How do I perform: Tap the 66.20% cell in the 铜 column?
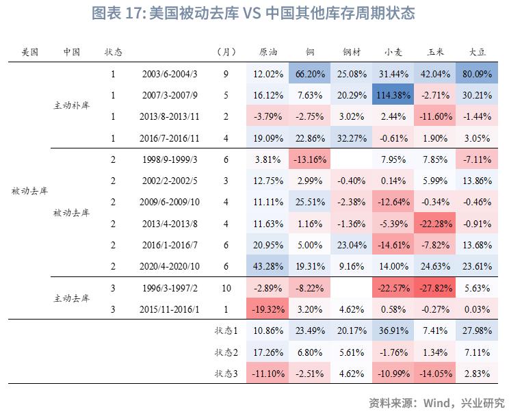(x=308, y=74)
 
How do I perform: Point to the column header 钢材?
(x=350, y=52)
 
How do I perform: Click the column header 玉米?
(x=435, y=52)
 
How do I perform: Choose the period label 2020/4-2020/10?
(x=171, y=265)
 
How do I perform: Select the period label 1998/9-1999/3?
(x=171, y=160)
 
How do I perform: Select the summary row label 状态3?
(x=226, y=374)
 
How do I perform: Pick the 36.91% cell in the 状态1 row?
(x=393, y=331)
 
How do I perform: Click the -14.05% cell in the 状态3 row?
(x=435, y=374)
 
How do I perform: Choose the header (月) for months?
(x=226, y=52)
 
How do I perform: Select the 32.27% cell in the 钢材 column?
(x=350, y=138)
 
